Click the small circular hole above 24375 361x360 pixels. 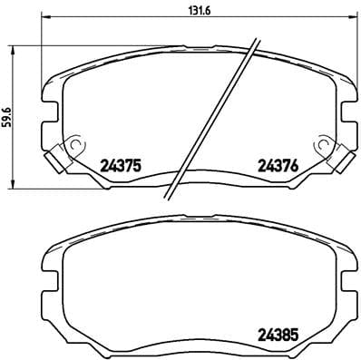75,141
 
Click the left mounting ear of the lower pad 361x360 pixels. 50,272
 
